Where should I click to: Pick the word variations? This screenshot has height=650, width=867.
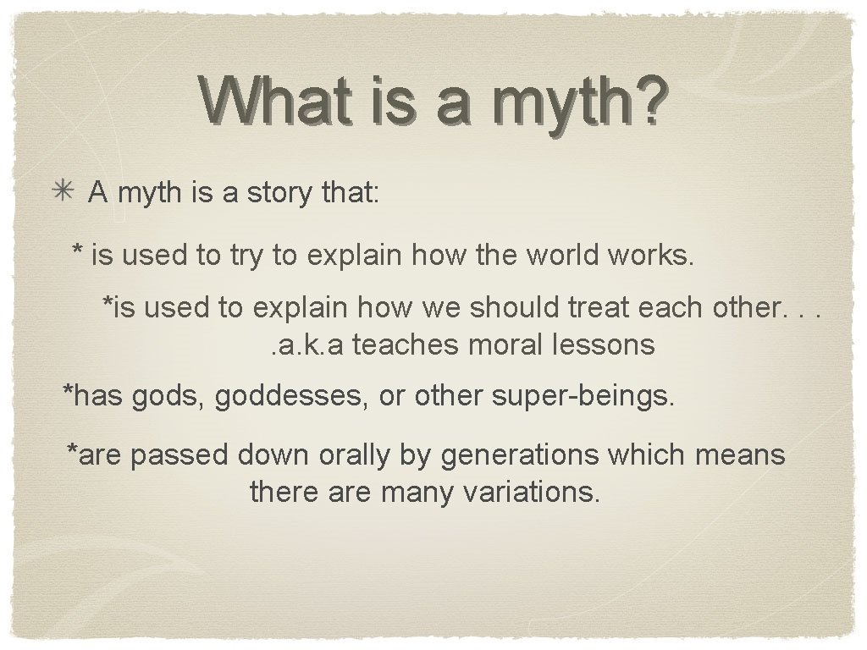[x=533, y=492]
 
